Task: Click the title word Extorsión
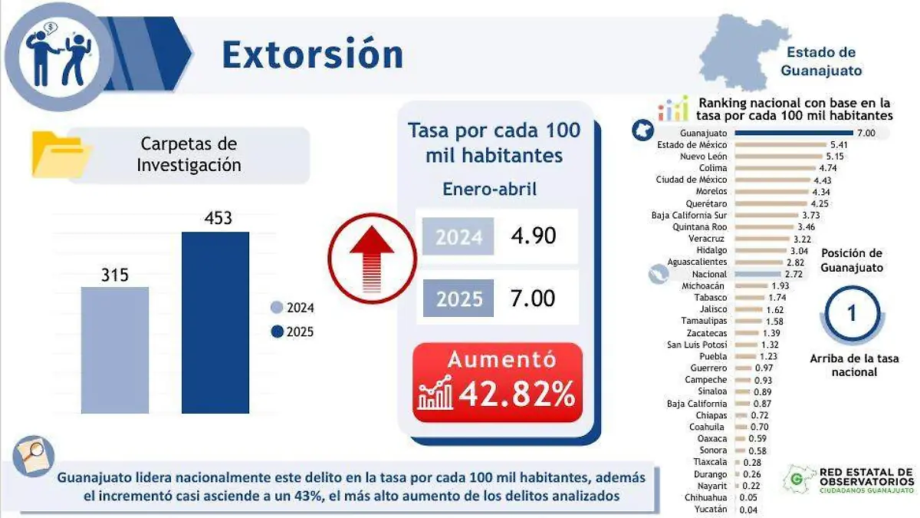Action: point(312,54)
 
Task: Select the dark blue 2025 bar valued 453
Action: point(215,322)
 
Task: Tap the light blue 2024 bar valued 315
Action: point(115,350)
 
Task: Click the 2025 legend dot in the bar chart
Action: point(277,332)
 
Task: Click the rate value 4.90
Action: point(533,236)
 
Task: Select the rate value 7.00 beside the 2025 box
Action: point(533,298)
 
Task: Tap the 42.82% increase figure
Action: point(517,394)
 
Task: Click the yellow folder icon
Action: point(59,155)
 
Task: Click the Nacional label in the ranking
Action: point(708,274)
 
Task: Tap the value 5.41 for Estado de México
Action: point(839,144)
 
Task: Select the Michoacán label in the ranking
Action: point(704,285)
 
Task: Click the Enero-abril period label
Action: point(489,189)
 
